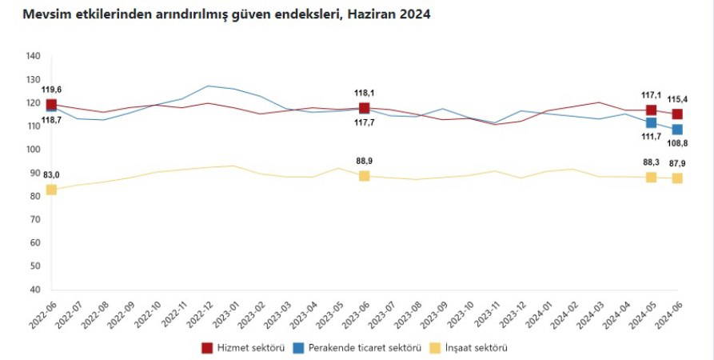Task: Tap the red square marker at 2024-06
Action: coord(677,114)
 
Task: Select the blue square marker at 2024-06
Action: coord(677,130)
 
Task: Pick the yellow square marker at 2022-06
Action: coord(51,190)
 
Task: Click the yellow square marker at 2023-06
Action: coord(365,176)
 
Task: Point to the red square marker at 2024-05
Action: coord(652,110)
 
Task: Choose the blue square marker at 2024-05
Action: coord(652,123)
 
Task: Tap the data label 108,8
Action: coord(678,143)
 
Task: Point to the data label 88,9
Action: coord(365,161)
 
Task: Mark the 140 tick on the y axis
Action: coord(33,56)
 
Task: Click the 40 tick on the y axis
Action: coord(35,290)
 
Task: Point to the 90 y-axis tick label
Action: coord(35,173)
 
